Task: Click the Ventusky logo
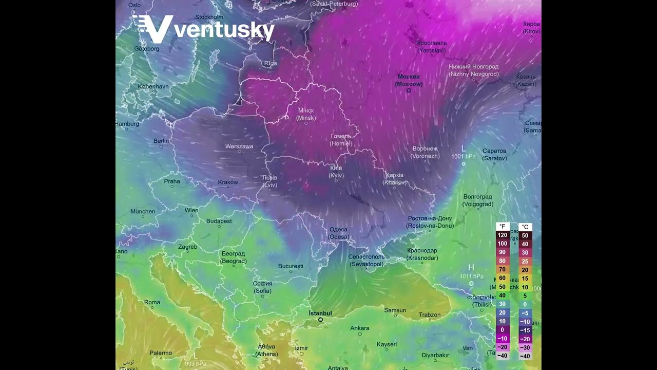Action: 204,29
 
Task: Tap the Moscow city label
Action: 409,80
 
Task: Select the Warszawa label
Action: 239,146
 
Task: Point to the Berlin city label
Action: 161,141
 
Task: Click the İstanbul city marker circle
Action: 320,320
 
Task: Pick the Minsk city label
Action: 306,114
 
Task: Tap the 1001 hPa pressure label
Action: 463,156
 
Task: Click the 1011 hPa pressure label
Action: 471,276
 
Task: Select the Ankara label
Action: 360,328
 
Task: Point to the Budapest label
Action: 219,221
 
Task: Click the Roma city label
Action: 152,302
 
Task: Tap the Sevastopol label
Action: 366,261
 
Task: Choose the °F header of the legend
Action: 502,227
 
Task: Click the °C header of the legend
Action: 525,227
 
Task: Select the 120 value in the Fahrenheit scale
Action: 502,235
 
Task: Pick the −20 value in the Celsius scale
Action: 525,339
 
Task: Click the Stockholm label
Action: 208,17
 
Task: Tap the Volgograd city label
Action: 477,200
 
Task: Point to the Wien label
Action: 191,210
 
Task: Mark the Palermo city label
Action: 161,353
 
